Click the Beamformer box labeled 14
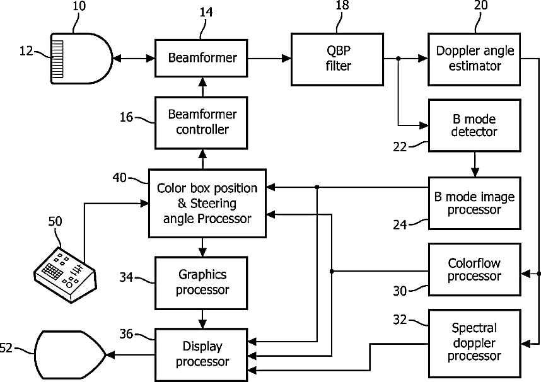pos(201,58)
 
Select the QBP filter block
pos(337,59)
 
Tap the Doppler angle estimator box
pos(474,59)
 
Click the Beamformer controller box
pos(201,123)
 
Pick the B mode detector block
pos(475,125)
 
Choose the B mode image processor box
pos(475,203)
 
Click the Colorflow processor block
pos(475,270)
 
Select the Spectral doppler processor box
pos(475,344)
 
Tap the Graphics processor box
pos(201,283)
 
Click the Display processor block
pos(201,355)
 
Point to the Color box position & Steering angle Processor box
pos(207,203)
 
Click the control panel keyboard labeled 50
pos(65,275)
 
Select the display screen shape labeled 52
pos(70,354)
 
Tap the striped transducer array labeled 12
pos(57,59)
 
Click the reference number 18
pos(342,6)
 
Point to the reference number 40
pos(120,178)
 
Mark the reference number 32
pos(400,320)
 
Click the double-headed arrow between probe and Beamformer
pos(134,59)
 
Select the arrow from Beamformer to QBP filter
pos(269,59)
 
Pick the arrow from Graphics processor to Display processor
pos(202,319)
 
